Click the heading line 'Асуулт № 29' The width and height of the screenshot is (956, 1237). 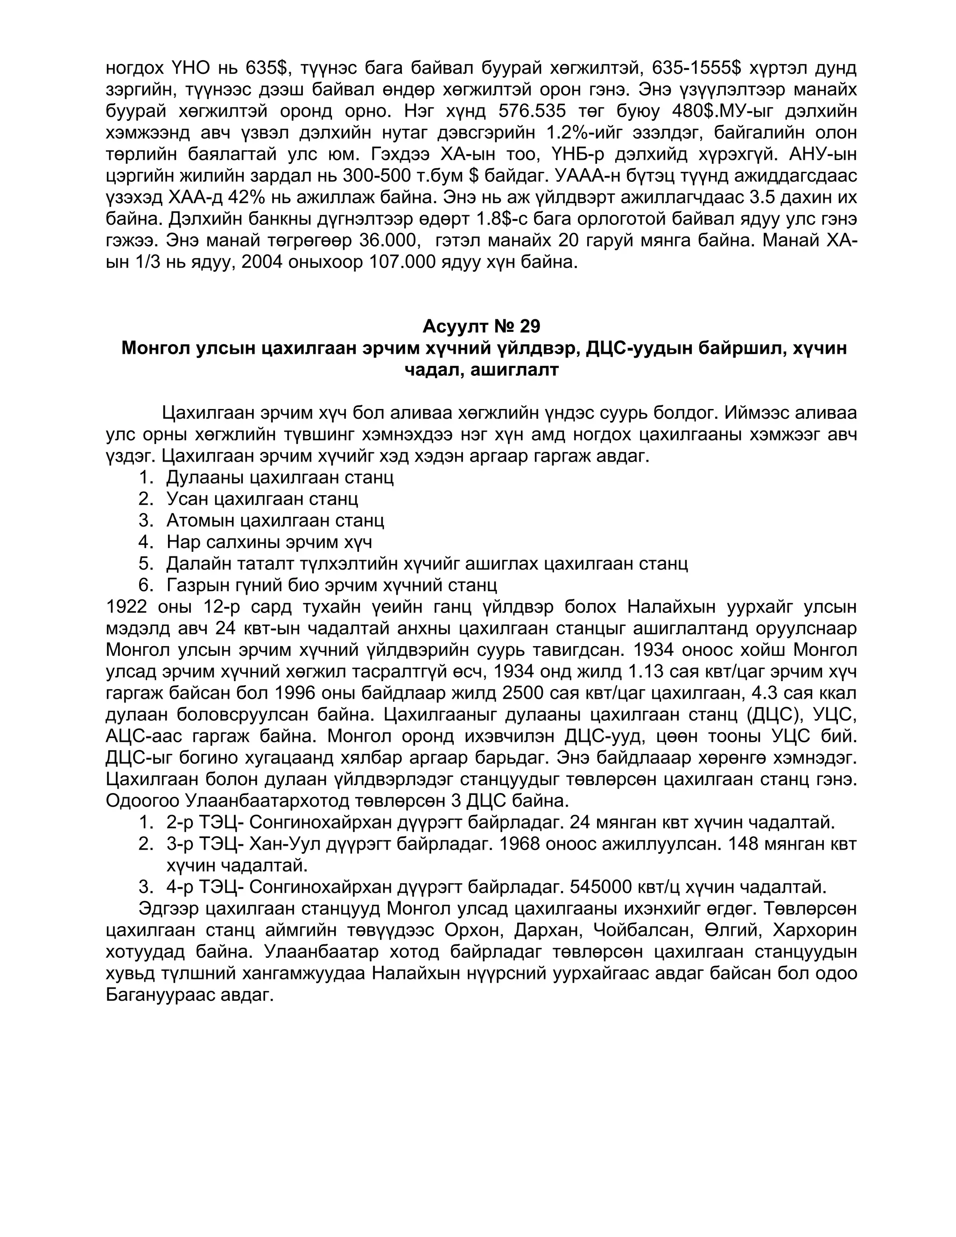point(481,326)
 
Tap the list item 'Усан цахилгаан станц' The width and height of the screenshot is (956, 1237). point(262,499)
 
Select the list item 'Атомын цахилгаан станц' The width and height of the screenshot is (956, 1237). point(274,520)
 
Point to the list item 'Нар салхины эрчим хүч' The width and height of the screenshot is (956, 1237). point(269,542)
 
